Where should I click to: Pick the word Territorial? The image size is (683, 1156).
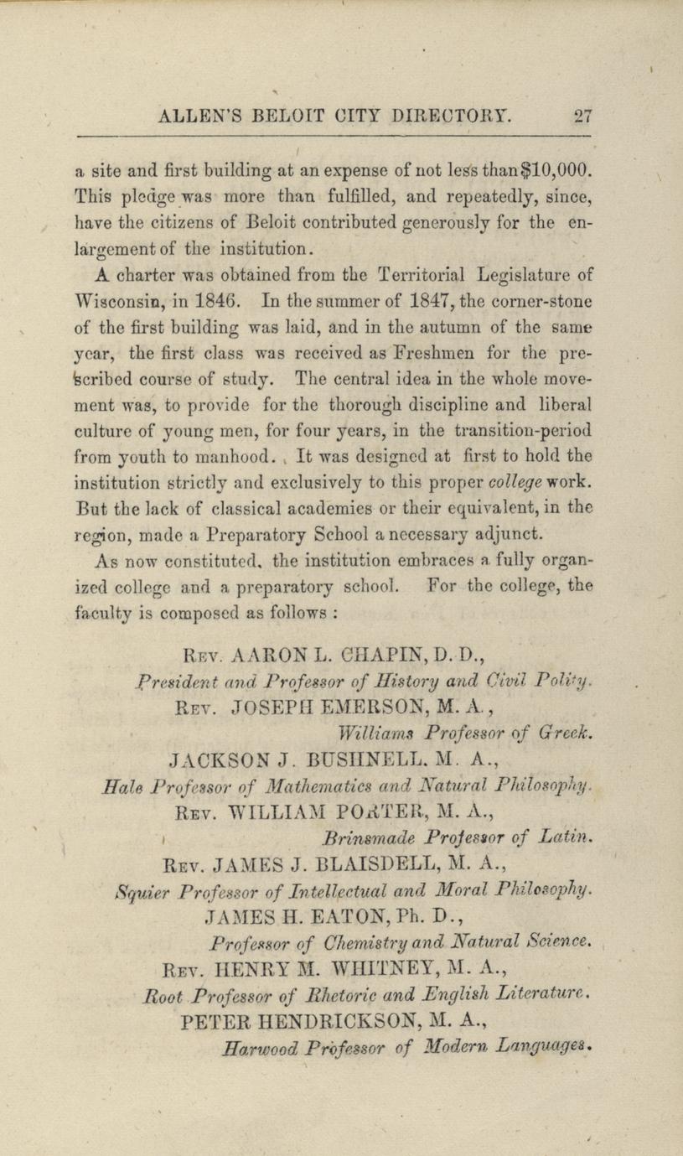417,274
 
